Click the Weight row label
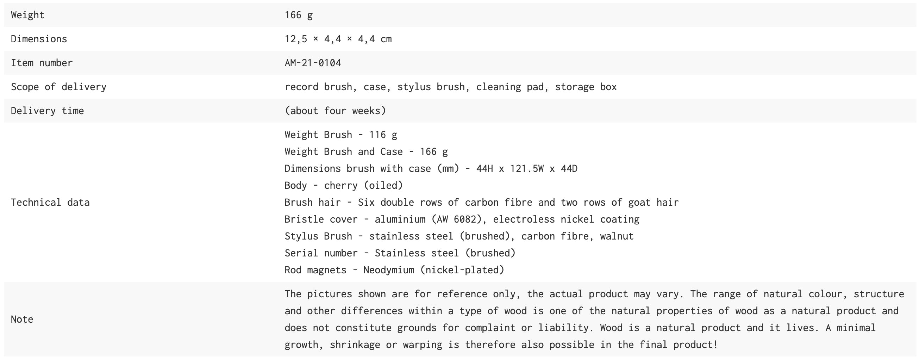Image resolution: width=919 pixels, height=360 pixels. (27, 15)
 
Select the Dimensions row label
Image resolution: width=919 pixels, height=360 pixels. (39, 39)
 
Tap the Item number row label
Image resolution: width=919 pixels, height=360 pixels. (42, 63)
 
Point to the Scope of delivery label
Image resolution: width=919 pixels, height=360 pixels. (58, 87)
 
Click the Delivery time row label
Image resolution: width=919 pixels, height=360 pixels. (48, 111)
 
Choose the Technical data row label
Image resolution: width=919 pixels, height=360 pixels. (50, 202)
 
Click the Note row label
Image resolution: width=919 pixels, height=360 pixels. (22, 319)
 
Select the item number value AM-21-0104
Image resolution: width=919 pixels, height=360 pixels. (313, 63)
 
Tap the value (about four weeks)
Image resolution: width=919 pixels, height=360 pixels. (335, 111)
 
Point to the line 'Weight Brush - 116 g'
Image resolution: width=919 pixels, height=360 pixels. (341, 135)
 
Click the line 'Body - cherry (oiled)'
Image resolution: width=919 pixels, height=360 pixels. (344, 186)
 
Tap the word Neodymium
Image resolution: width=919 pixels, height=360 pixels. (389, 270)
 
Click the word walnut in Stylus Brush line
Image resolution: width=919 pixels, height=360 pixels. (617, 236)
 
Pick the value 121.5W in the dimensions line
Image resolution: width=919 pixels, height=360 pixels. (527, 168)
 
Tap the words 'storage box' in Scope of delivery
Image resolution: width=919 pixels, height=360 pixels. (586, 87)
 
